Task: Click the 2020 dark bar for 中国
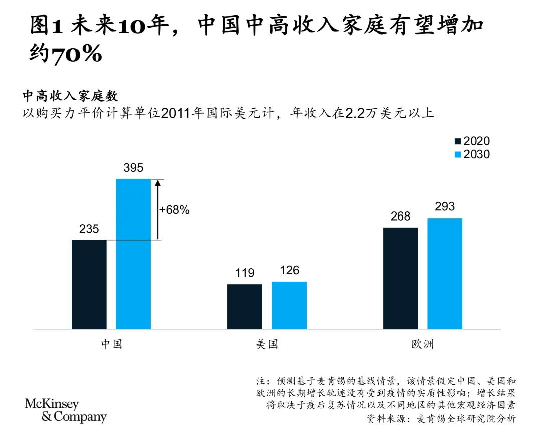[x=89, y=284]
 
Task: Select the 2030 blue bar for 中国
[x=133, y=254]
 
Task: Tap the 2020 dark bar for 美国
[x=245, y=306]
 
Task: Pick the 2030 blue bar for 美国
[x=289, y=305]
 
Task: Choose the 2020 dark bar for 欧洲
[x=400, y=278]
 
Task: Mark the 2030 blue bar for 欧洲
[x=444, y=273]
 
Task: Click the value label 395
[x=133, y=169]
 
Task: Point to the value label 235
[x=89, y=230]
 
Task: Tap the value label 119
[x=245, y=273]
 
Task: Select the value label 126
[x=289, y=271]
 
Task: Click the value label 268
[x=400, y=216]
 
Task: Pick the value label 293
[x=445, y=207]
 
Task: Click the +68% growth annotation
[x=174, y=210]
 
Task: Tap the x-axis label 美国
[x=266, y=345]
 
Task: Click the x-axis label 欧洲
[x=422, y=345]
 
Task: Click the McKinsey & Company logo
[x=66, y=410]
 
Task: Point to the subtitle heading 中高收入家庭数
[x=70, y=96]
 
